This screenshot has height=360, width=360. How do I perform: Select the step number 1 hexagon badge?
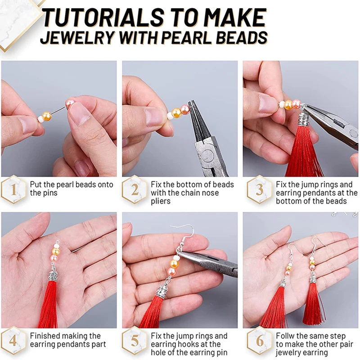coord(13,189)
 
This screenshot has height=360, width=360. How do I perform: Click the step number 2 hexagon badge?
coord(135,189)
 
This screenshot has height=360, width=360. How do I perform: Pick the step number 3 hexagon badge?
coord(260,189)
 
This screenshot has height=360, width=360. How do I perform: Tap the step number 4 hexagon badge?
coord(13,341)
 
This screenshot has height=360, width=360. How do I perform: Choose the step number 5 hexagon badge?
coord(135,341)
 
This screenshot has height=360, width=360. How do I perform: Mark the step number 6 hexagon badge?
coord(260,341)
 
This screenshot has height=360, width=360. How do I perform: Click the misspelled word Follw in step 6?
coord(285,336)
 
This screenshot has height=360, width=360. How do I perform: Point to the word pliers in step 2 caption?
coord(161,201)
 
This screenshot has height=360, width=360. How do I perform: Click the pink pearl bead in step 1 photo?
coord(70,104)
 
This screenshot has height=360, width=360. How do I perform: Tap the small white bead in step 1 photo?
coord(41,119)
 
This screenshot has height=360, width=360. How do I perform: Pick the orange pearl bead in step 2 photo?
coord(176,113)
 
